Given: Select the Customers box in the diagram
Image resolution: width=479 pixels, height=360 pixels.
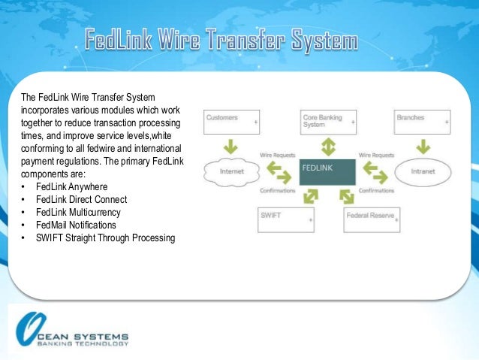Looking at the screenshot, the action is tap(232, 122).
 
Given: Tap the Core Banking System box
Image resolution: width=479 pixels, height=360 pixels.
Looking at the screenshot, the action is tap(327, 122).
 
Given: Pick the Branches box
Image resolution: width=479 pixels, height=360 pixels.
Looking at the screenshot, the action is tap(422, 122).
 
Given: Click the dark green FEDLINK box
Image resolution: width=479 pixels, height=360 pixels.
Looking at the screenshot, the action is tap(327, 172).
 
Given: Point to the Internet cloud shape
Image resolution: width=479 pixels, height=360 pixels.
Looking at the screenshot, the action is tap(231, 171).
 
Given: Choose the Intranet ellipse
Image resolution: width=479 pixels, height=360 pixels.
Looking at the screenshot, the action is tap(422, 171).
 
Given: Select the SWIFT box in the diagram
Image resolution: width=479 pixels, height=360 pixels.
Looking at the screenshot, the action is tap(285, 219).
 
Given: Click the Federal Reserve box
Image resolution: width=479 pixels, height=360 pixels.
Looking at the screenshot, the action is tap(372, 219).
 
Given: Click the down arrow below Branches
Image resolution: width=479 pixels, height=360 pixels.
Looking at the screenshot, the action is tap(421, 144).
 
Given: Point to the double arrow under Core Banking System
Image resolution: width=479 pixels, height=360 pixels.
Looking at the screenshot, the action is tap(328, 146).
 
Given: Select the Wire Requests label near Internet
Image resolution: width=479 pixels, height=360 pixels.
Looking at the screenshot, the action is tap(276, 155).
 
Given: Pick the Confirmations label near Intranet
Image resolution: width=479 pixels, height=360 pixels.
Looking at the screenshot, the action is tap(376, 191).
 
